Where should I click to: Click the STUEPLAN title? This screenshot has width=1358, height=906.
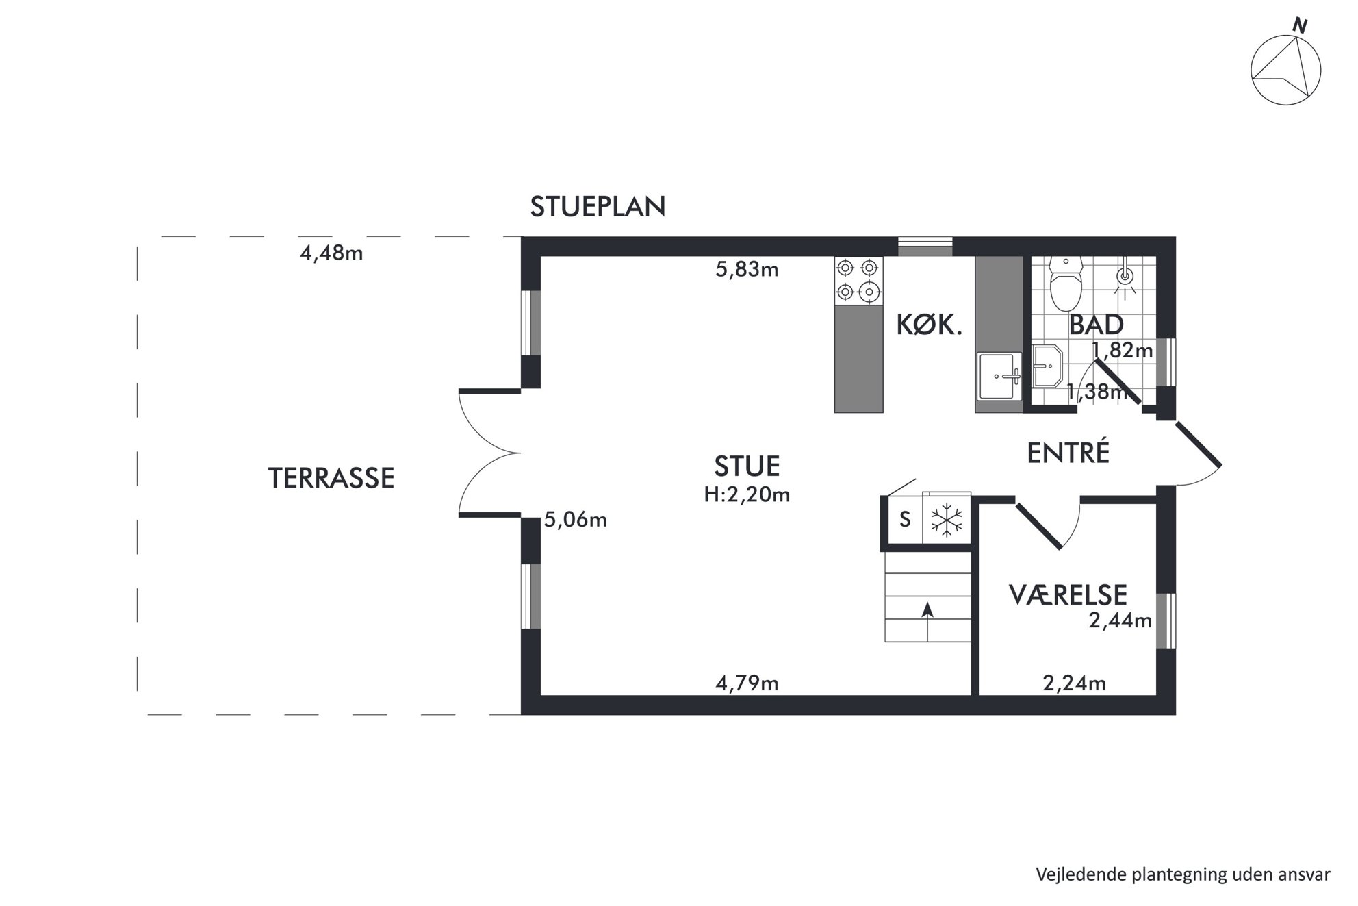[598, 206]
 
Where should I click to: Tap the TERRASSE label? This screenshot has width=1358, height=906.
[331, 478]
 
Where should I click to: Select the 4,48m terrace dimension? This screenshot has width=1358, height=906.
[331, 253]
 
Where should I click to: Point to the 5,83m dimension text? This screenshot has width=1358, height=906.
[747, 269]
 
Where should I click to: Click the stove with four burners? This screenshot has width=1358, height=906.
[858, 281]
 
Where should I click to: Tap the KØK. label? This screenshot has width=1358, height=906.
[930, 325]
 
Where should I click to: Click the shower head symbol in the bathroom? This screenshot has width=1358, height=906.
[1125, 277]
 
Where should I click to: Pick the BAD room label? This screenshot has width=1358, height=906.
[1096, 325]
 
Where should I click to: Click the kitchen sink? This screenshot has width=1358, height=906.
[1000, 375]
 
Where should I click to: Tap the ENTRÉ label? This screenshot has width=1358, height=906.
[1068, 453]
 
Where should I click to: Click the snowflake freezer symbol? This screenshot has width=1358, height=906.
[947, 520]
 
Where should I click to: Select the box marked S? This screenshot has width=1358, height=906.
[905, 520]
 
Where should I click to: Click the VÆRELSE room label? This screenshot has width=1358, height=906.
[1068, 595]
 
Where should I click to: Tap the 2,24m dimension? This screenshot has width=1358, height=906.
[1074, 683]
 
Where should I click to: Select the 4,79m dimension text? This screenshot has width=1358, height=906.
[747, 683]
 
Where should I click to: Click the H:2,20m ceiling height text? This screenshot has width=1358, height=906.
[747, 494]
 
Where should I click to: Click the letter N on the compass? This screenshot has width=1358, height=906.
[1300, 25]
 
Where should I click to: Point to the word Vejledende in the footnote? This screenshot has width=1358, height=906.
[1079, 874]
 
